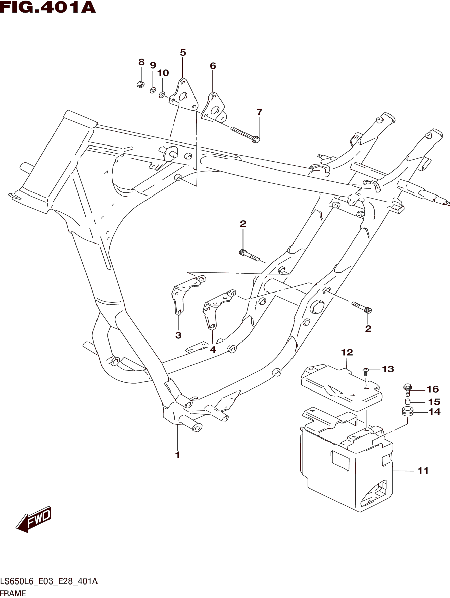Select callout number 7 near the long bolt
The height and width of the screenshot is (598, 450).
[259, 112]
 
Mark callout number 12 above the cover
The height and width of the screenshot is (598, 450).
[347, 352]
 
